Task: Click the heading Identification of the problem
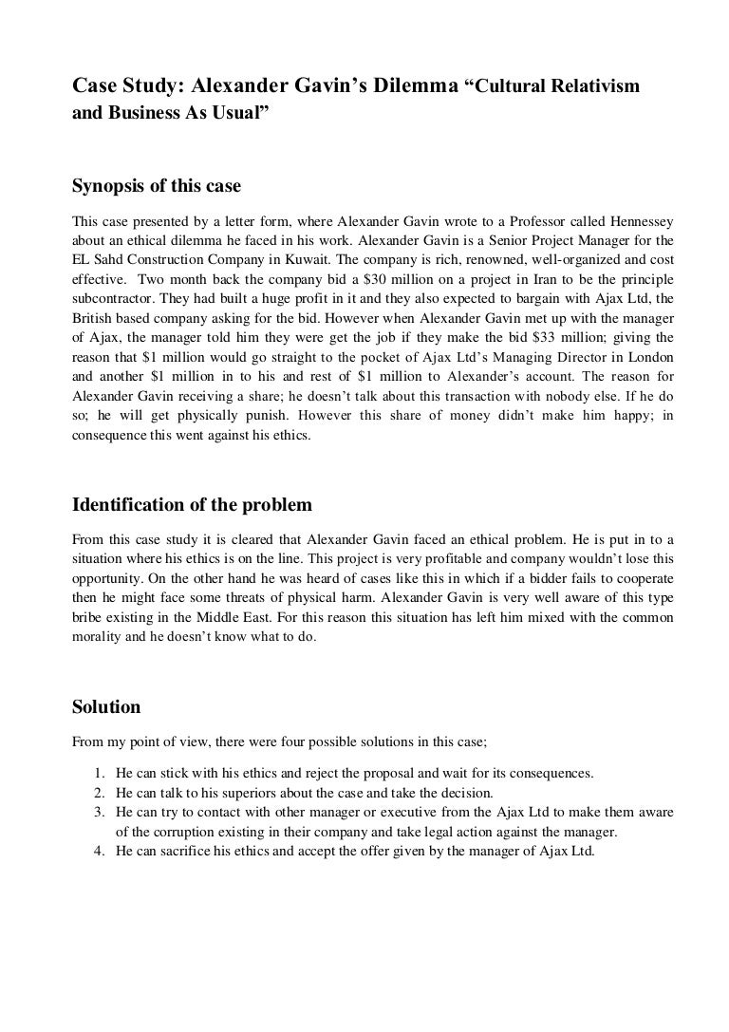pos(193,502)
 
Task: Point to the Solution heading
pos(106,706)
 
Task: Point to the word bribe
pos(89,618)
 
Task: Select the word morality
pos(100,639)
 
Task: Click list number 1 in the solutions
pos(101,774)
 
